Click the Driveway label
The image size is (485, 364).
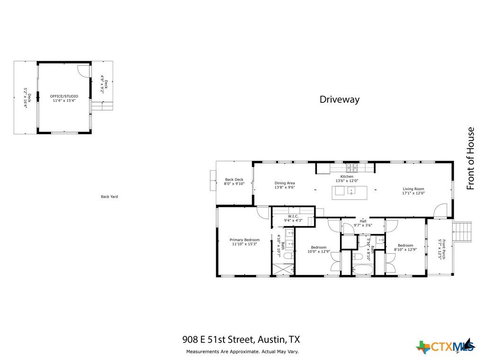(339, 100)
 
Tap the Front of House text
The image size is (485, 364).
(470, 158)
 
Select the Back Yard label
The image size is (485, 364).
(109, 197)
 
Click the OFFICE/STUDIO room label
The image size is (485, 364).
(64, 96)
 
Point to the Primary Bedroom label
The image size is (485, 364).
(244, 240)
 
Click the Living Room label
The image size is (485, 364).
(413, 189)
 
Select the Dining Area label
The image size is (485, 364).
(285, 183)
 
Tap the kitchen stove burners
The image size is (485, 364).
(352, 167)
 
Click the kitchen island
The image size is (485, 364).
(350, 193)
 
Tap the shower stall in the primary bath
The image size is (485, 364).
(283, 269)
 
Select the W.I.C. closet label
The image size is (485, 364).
(293, 216)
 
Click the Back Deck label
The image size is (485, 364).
(234, 180)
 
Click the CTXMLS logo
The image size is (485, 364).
(445, 346)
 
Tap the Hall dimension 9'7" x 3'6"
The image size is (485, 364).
(363, 225)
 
